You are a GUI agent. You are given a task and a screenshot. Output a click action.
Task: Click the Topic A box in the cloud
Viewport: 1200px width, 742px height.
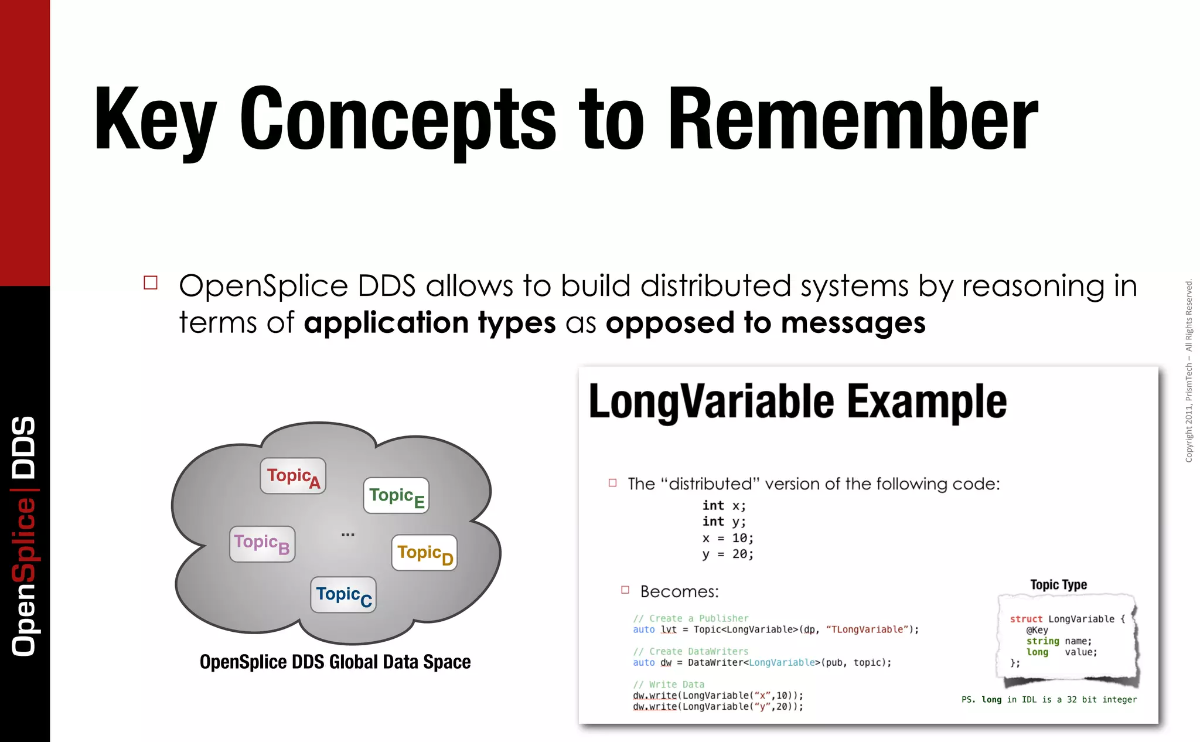pyautogui.click(x=293, y=476)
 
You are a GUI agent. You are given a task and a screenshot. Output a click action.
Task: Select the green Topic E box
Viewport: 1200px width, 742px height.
pyautogui.click(x=396, y=496)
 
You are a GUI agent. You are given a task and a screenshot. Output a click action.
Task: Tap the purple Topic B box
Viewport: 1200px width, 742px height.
pyautogui.click(x=262, y=544)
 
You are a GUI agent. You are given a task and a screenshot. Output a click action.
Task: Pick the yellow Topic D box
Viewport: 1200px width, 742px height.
pyautogui.click(x=424, y=553)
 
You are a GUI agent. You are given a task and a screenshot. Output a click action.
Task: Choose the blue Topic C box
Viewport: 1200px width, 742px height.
pyautogui.click(x=343, y=595)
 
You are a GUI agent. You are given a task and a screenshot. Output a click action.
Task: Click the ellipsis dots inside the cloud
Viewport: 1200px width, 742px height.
pyautogui.click(x=347, y=535)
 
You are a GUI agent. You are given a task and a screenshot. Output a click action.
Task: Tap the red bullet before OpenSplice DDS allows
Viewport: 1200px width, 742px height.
pyautogui.click(x=151, y=283)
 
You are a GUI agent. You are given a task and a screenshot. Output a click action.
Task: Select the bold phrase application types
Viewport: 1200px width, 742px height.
pyautogui.click(x=429, y=323)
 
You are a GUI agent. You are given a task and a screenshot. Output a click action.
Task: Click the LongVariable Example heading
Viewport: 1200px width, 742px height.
pyautogui.click(x=797, y=401)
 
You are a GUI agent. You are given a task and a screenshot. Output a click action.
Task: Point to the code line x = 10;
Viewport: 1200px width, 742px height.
pyautogui.click(x=728, y=538)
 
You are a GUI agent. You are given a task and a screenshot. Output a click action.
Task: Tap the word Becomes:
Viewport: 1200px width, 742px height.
pyautogui.click(x=679, y=591)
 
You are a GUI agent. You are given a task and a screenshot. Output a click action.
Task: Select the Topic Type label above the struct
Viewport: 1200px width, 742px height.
pyautogui.click(x=1058, y=584)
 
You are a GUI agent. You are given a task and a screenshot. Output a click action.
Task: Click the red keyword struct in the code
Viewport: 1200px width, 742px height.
pyautogui.click(x=1026, y=619)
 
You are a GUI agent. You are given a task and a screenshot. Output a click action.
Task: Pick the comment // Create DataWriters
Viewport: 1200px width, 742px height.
pyautogui.click(x=690, y=651)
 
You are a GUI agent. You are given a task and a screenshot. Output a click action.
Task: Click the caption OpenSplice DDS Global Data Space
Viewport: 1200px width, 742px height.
pyautogui.click(x=335, y=662)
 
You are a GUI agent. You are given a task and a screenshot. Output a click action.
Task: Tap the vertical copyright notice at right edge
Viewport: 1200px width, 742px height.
pyautogui.click(x=1188, y=370)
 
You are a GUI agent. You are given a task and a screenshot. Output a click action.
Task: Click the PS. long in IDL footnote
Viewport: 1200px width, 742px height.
pyautogui.click(x=1049, y=699)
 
